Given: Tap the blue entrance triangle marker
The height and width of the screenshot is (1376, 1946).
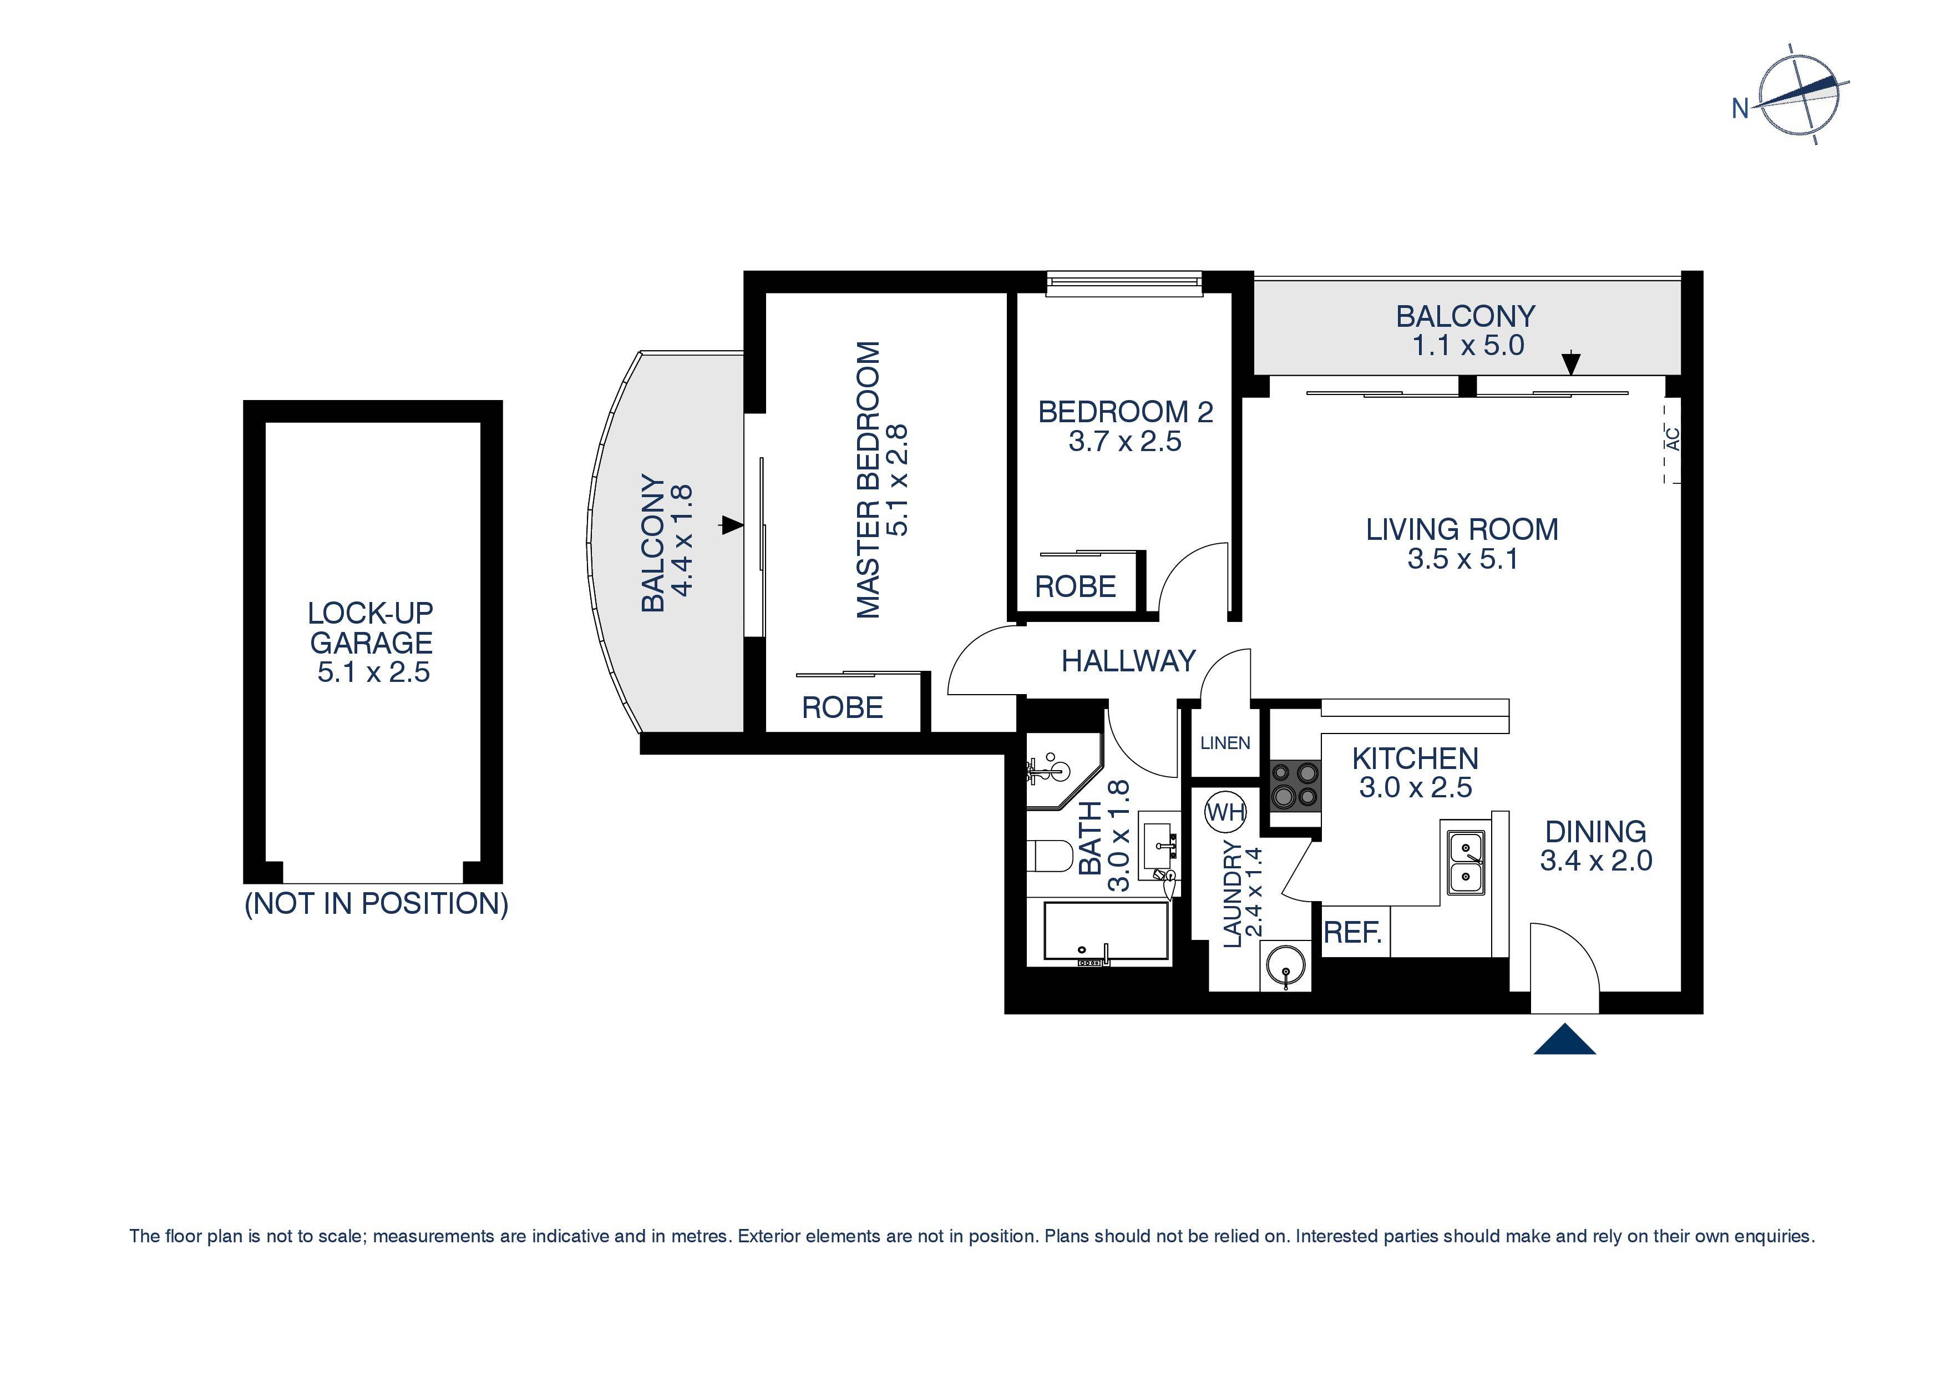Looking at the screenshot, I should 1564,1041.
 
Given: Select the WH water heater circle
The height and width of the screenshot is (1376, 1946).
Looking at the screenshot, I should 1225,812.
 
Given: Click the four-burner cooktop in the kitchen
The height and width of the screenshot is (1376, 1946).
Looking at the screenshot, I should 1295,785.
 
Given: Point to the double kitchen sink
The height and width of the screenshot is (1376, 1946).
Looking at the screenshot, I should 1466,861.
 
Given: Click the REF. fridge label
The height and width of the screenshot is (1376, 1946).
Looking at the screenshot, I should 1354,933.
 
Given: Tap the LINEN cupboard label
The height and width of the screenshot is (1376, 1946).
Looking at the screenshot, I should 1225,743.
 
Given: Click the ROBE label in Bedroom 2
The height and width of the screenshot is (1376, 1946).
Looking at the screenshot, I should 1075,586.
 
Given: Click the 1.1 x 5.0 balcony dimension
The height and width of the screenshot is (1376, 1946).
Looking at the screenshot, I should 1468,346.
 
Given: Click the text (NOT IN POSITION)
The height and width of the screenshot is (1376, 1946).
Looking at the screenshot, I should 376,904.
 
